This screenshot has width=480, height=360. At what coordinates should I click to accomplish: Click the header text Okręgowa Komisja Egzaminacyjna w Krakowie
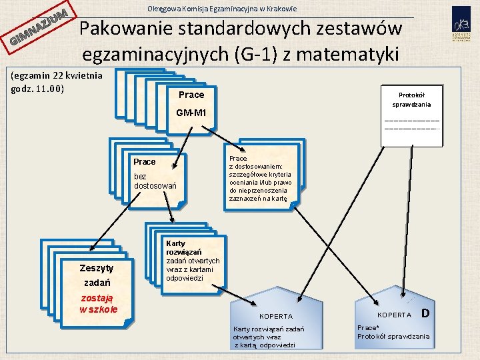coord(221,9)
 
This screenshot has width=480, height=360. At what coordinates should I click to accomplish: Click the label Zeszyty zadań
coord(97,274)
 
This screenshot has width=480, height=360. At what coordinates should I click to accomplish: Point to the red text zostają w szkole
coord(98,303)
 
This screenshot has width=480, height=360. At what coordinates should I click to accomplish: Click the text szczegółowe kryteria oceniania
coord(260,178)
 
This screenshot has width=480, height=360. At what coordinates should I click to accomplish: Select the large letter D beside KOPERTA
coord(425,313)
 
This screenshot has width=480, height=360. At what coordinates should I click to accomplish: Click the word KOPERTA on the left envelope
coord(276,316)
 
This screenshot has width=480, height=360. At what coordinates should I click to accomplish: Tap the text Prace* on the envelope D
coord(368,328)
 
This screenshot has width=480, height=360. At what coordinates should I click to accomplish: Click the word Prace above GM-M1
coord(191,95)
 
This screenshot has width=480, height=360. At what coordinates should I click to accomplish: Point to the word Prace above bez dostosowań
coord(144,162)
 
